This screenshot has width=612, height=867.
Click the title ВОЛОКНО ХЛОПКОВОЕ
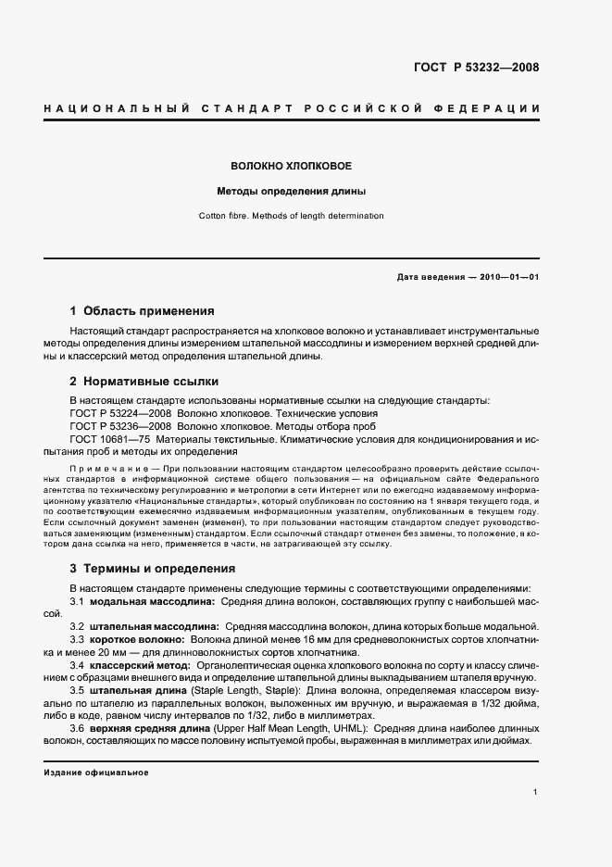[291, 166]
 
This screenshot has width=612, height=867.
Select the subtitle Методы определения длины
[291, 193]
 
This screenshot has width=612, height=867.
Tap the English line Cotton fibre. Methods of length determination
[291, 216]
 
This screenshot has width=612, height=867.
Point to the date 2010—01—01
[506, 277]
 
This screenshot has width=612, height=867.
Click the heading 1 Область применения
[142, 311]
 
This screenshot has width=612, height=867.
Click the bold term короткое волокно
[138, 640]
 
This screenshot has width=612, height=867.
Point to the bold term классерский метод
[142, 665]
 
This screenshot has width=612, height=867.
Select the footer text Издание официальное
[96, 772]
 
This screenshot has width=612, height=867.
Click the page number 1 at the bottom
[536, 792]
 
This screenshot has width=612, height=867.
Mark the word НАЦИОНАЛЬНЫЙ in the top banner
[110, 109]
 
